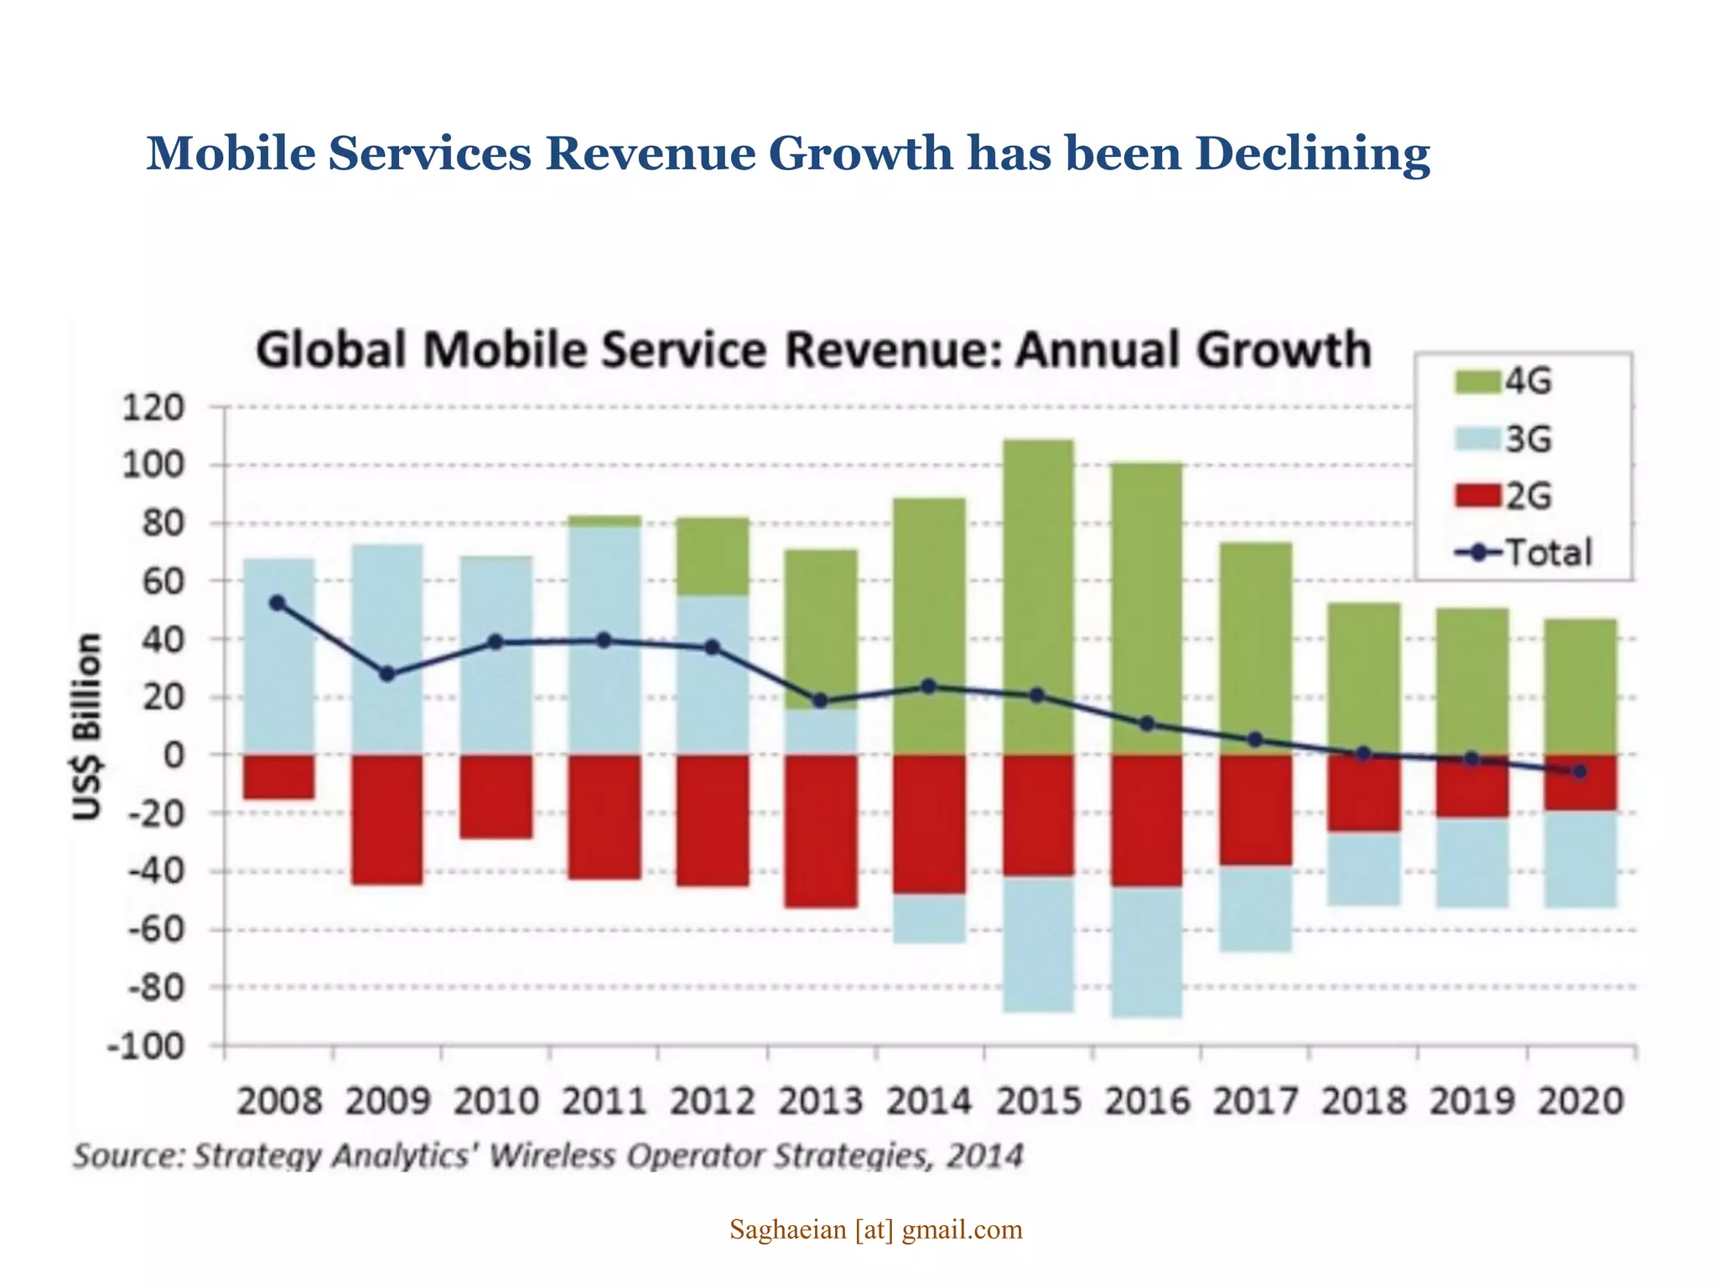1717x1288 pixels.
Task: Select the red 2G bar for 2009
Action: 386,819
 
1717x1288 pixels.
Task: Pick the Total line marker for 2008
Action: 278,603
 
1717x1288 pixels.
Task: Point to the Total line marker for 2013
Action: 820,701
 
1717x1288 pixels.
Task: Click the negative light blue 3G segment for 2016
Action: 1147,952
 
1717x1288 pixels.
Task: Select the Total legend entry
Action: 1522,553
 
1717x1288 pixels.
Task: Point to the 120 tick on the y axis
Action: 153,408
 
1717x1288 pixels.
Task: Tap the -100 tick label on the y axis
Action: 145,1046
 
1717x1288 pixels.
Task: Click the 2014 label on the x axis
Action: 929,1101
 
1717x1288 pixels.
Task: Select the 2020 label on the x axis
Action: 1580,1101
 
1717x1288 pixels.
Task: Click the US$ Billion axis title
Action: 87,726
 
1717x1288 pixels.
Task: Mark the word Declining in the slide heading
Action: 1312,153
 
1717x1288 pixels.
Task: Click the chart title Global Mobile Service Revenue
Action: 813,350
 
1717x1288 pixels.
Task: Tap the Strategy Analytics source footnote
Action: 548,1156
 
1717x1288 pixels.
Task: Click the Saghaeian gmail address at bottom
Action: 875,1230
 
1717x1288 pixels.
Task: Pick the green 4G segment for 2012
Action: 713,557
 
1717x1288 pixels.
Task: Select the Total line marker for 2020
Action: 1580,771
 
